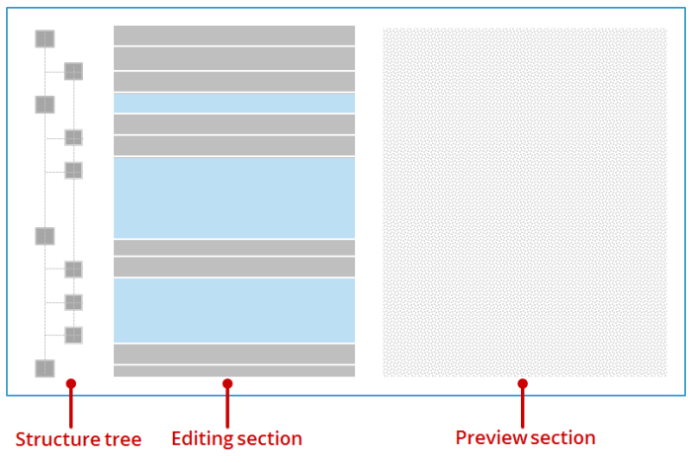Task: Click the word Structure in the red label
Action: point(57,439)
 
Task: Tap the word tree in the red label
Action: point(124,439)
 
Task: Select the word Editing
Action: point(202,439)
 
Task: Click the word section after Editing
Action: point(269,438)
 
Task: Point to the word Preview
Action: point(491,438)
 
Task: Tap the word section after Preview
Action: point(563,438)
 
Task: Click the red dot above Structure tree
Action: point(71,384)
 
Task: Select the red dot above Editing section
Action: point(227,384)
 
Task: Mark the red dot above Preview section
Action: point(523,384)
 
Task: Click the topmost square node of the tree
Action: point(44,39)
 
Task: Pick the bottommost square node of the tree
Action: point(44,368)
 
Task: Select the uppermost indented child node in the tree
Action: point(73,71)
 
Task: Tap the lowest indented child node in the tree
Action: point(73,336)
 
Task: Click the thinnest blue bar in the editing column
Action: point(234,103)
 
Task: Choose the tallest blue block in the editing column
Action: point(234,197)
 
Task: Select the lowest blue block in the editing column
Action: point(234,311)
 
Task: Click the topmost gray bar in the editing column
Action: point(234,36)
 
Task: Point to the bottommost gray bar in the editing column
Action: point(234,371)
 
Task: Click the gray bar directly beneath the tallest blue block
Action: point(234,248)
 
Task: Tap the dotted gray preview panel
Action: point(525,202)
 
